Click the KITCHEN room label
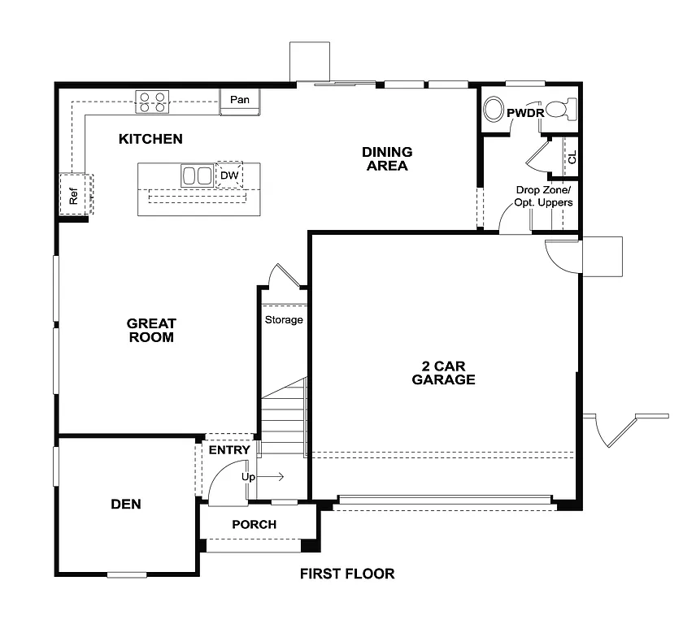[x=150, y=139]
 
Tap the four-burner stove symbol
[x=152, y=102]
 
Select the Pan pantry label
[x=239, y=100]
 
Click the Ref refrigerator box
[x=74, y=195]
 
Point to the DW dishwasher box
[x=228, y=175]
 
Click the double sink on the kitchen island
[x=196, y=175]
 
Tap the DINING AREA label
[x=387, y=158]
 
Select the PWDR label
[x=524, y=113]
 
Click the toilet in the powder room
[x=560, y=109]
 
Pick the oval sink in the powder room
[x=494, y=110]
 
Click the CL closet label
[x=572, y=157]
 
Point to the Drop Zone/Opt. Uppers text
[x=543, y=196]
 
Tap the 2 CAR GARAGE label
[x=443, y=372]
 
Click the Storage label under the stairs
[x=284, y=319]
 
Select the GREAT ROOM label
[x=151, y=330]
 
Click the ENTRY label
[x=229, y=450]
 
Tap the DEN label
[x=126, y=504]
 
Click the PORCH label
[x=254, y=524]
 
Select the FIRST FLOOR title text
[x=347, y=574]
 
